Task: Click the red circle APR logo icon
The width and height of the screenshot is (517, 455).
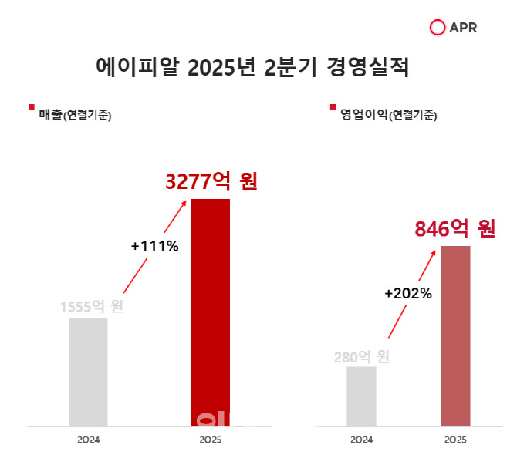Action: pyautogui.click(x=438, y=28)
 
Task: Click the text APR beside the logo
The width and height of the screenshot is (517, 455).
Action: pyautogui.click(x=463, y=28)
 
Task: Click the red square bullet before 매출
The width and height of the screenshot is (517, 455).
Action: pyautogui.click(x=31, y=107)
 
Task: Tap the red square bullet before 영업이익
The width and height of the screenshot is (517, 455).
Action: pyautogui.click(x=333, y=107)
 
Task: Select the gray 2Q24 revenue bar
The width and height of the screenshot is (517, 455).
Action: pyautogui.click(x=88, y=372)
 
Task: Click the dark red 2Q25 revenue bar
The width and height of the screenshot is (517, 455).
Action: pyautogui.click(x=211, y=312)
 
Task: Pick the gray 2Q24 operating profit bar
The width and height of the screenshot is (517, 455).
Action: pyautogui.click(x=361, y=396)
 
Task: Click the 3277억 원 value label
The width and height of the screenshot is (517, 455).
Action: pyautogui.click(x=211, y=182)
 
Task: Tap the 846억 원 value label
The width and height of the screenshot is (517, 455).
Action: pyautogui.click(x=454, y=229)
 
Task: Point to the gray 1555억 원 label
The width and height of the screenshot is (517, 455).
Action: pyautogui.click(x=92, y=306)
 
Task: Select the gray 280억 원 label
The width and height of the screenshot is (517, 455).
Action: pyautogui.click(x=361, y=357)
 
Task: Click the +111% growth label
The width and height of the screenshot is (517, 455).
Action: pyautogui.click(x=154, y=247)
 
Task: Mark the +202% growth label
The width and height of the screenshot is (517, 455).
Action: pyautogui.click(x=407, y=293)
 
